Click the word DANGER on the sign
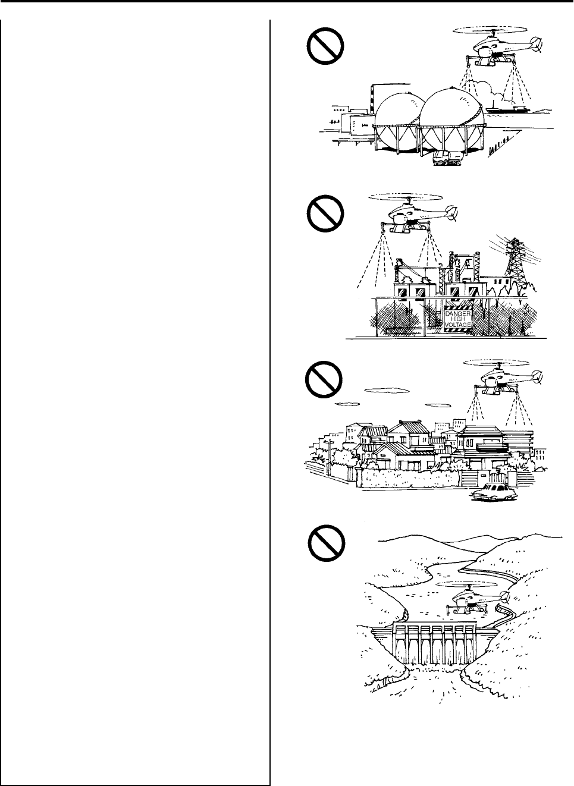point(457,313)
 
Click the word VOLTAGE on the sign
point(457,325)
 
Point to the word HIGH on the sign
point(457,319)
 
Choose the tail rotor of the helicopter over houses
point(538,376)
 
